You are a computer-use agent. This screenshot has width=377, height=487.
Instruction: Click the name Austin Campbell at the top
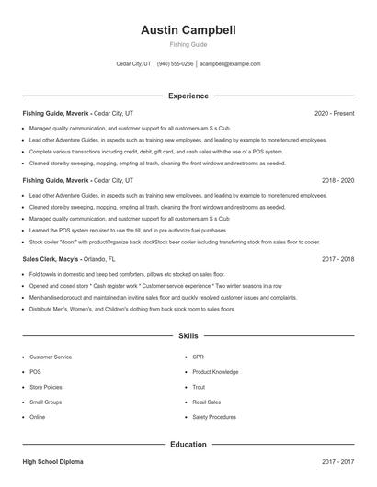pyautogui.click(x=188, y=29)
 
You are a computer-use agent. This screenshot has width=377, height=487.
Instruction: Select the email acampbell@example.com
pyautogui.click(x=230, y=64)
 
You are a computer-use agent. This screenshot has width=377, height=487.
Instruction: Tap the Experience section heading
pyautogui.click(x=188, y=96)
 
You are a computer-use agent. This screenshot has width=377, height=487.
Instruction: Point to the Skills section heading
pyautogui.click(x=188, y=337)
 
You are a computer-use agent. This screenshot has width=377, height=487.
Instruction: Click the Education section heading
pyautogui.click(x=188, y=444)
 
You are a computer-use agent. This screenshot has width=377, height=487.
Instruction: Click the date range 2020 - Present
pyautogui.click(x=334, y=113)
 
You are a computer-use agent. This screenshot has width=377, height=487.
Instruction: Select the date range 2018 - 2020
pyautogui.click(x=337, y=181)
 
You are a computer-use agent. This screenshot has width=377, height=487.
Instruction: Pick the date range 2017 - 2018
pyautogui.click(x=337, y=259)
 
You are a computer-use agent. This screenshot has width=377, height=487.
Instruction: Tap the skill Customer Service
pyautogui.click(x=51, y=357)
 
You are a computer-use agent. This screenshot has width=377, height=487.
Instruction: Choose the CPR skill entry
pyautogui.click(x=198, y=357)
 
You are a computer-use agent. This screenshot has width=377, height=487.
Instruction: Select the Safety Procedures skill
pyautogui.click(x=214, y=417)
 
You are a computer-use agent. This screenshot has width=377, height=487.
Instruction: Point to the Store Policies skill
pyautogui.click(x=46, y=387)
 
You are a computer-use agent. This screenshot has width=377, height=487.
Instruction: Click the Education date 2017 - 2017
pyautogui.click(x=337, y=461)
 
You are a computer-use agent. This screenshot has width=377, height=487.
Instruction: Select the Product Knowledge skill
pyautogui.click(x=215, y=372)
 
